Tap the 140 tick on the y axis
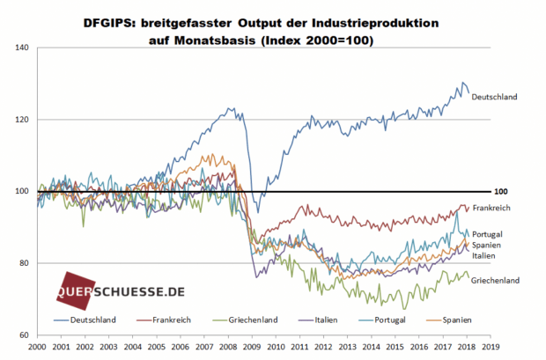pyautogui.click(x=22, y=48)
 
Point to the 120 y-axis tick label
pyautogui.click(x=22, y=120)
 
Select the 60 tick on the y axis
pyautogui.click(x=23, y=335)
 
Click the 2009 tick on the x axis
pyautogui.click(x=252, y=347)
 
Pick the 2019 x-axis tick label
pyautogui.click(x=491, y=347)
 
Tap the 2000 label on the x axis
pyautogui.click(x=37, y=347)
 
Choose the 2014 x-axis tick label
pyautogui.click(x=372, y=347)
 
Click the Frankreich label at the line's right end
pyautogui.click(x=491, y=208)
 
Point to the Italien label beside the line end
pyautogui.click(x=483, y=256)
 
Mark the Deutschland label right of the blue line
pyautogui.click(x=494, y=97)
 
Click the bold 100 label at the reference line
pyautogui.click(x=501, y=192)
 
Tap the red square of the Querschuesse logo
pyautogui.click(x=76, y=291)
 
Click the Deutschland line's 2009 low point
pyautogui.click(x=258, y=213)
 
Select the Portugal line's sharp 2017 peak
pyautogui.click(x=457, y=212)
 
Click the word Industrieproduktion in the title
pyautogui.click(x=375, y=24)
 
